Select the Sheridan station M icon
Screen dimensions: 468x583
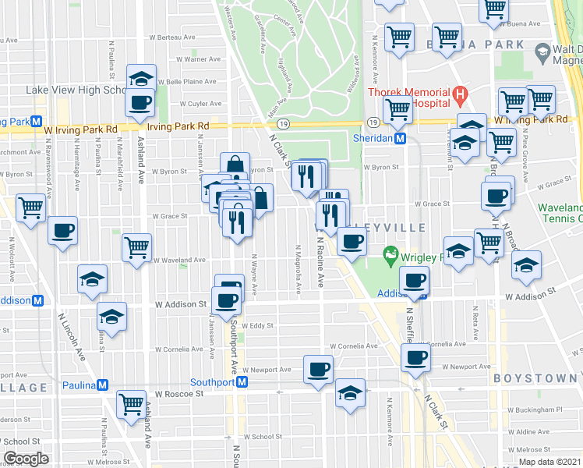coord(400,138)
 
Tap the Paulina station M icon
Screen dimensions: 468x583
coord(101,385)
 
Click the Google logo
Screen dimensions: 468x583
coord(26,459)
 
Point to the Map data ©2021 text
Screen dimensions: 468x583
coord(549,462)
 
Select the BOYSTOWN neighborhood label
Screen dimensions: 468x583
coord(537,378)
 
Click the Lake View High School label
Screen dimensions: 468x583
coord(76,90)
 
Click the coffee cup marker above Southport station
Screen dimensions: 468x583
coord(317,369)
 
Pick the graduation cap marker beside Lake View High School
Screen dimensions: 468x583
coord(141,78)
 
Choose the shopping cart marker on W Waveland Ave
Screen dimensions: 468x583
coord(136,247)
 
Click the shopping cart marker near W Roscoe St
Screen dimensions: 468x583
coord(131,403)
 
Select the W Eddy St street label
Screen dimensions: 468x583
coord(255,326)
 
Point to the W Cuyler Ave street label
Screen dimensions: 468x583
coord(200,103)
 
